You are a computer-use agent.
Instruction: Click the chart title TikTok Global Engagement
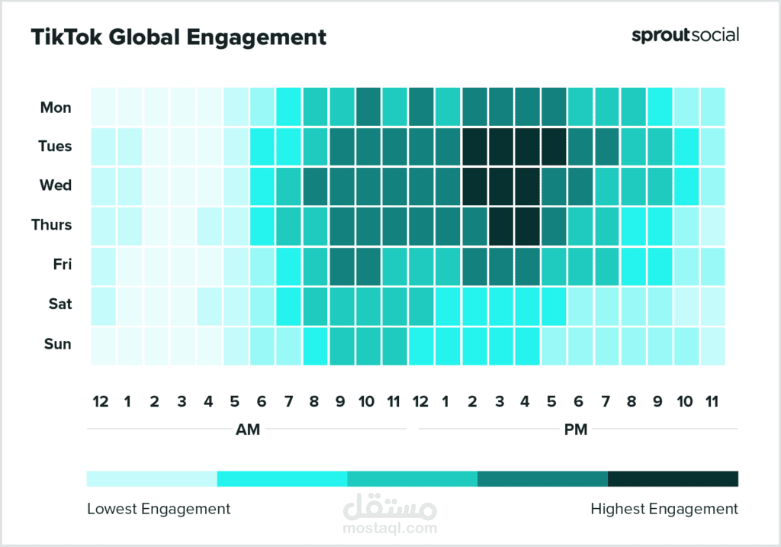pyautogui.click(x=178, y=37)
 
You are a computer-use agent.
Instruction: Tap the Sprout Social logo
pyautogui.click(x=685, y=35)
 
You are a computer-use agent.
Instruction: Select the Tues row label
pyautogui.click(x=55, y=146)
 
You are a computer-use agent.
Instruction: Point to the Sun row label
pyautogui.click(x=57, y=344)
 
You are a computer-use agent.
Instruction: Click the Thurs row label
pyautogui.click(x=52, y=225)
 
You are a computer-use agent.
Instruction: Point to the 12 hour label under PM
pyautogui.click(x=420, y=401)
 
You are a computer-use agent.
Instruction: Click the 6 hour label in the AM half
pyautogui.click(x=262, y=401)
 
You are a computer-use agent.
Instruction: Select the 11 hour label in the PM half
pyautogui.click(x=712, y=401)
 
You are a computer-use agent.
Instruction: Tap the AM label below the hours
pyautogui.click(x=248, y=430)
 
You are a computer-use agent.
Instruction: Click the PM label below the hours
pyautogui.click(x=576, y=430)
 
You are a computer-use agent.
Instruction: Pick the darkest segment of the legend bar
pyautogui.click(x=673, y=478)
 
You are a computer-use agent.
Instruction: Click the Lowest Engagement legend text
pyautogui.click(x=159, y=508)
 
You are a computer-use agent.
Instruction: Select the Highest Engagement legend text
pyautogui.click(x=664, y=508)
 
